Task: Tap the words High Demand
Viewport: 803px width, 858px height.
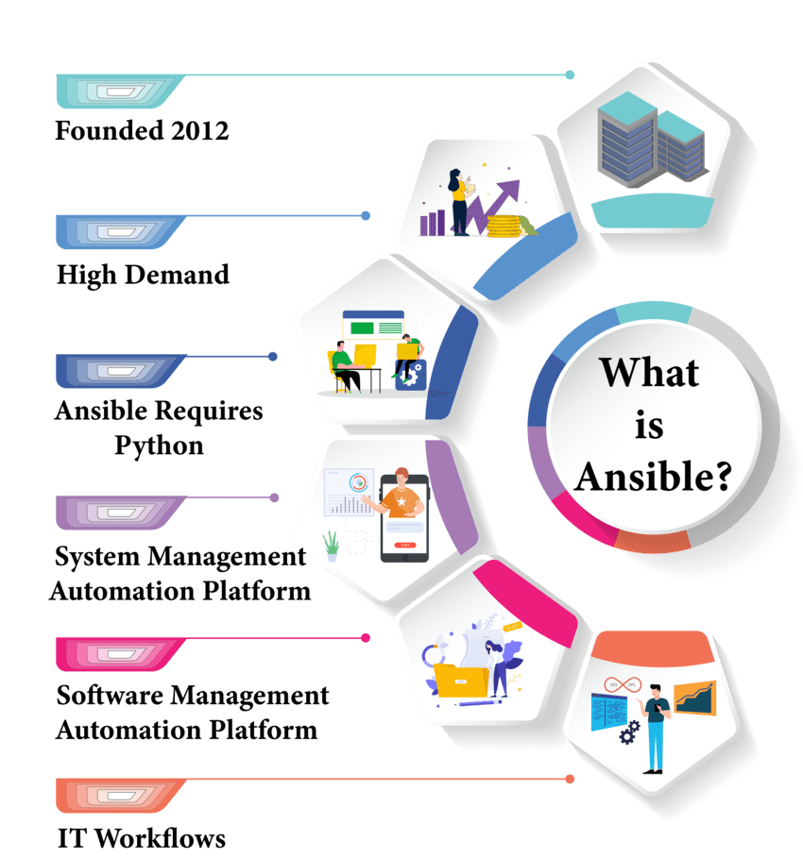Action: tap(143, 275)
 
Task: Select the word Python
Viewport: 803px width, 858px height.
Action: tap(159, 444)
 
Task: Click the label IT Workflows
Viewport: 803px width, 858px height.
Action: tap(141, 837)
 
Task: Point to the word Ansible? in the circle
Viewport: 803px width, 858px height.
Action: tap(653, 477)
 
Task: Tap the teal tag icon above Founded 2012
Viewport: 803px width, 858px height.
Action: tap(118, 91)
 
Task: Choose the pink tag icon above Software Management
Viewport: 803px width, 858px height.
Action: tap(118, 653)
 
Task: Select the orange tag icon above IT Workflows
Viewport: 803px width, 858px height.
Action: tap(118, 795)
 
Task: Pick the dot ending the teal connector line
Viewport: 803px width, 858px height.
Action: tap(570, 74)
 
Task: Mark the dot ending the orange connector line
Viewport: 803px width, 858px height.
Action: tap(570, 779)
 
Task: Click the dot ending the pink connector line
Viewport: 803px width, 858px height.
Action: tap(366, 638)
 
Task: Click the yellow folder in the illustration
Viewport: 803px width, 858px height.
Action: tap(462, 681)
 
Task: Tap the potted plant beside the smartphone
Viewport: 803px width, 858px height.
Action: tap(332, 547)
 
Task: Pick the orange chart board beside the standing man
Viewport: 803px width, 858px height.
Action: tap(694, 698)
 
